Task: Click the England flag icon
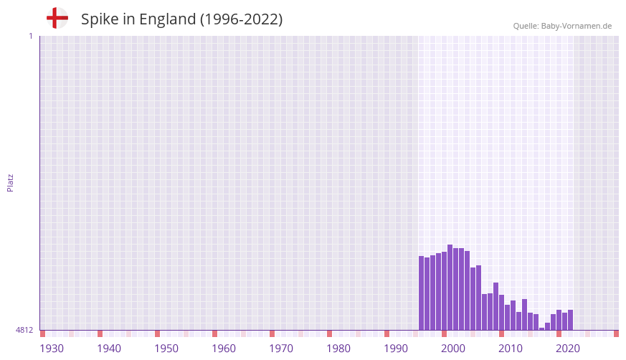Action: tap(57, 19)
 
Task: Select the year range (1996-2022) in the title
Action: tap(241, 19)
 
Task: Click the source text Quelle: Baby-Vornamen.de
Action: tap(562, 26)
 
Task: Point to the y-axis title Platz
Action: tap(10, 182)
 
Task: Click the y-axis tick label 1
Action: tap(30, 36)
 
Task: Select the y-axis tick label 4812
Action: tap(24, 330)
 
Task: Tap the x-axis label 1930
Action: tap(52, 349)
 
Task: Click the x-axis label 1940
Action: tap(109, 349)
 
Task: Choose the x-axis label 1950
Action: tap(166, 349)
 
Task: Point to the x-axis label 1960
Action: tap(224, 349)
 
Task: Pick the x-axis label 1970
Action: tap(281, 349)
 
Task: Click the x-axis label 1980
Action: tap(338, 349)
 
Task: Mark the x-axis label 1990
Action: tap(396, 349)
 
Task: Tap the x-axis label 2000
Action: tap(453, 349)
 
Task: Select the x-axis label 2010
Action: tap(511, 349)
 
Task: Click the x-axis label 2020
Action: tap(568, 349)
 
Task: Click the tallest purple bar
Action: tap(450, 287)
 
